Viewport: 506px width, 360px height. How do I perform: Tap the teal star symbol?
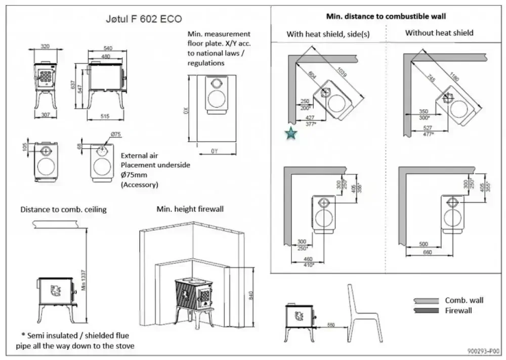coord(290,133)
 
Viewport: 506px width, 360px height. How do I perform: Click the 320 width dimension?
coord(45,47)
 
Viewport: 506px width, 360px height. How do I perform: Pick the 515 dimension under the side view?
coord(105,117)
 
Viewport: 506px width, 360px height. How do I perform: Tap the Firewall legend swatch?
coord(426,310)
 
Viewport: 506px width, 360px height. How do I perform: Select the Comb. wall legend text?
coord(464,300)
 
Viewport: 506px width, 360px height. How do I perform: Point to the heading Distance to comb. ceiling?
coord(63,209)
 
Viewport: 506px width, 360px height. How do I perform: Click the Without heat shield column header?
coord(439,33)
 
